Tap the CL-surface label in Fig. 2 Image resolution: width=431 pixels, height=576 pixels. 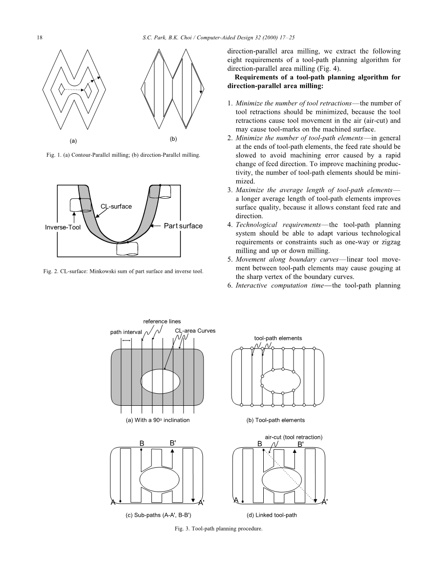click(116, 206)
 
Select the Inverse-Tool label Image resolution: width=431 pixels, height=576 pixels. click(63, 228)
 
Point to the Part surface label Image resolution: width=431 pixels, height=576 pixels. click(183, 226)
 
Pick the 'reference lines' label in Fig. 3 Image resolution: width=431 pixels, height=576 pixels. click(162, 321)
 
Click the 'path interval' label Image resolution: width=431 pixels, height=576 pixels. click(126, 332)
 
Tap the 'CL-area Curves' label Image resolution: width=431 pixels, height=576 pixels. click(195, 331)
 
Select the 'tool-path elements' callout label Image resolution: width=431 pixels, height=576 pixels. click(278, 338)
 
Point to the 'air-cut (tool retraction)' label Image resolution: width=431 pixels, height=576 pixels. click(294, 437)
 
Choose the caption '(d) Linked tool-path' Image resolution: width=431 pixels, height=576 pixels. click(272, 515)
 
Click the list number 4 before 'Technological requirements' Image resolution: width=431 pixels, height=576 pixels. click(230, 225)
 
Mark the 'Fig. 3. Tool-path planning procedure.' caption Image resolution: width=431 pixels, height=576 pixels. click(216, 529)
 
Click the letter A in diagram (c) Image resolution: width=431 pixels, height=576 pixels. click(113, 502)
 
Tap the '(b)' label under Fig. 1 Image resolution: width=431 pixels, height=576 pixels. click(173, 139)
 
